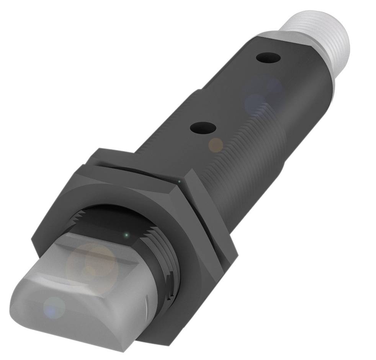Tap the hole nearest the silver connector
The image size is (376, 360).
(x=268, y=58)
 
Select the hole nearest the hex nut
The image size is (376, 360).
(x=203, y=127)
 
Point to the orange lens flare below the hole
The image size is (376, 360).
(x=216, y=144)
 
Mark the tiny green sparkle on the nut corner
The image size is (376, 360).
(x=178, y=181)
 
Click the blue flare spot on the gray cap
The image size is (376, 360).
(x=54, y=307)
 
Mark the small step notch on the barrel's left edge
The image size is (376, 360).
(x=199, y=92)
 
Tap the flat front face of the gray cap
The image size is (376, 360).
(x=69, y=321)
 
